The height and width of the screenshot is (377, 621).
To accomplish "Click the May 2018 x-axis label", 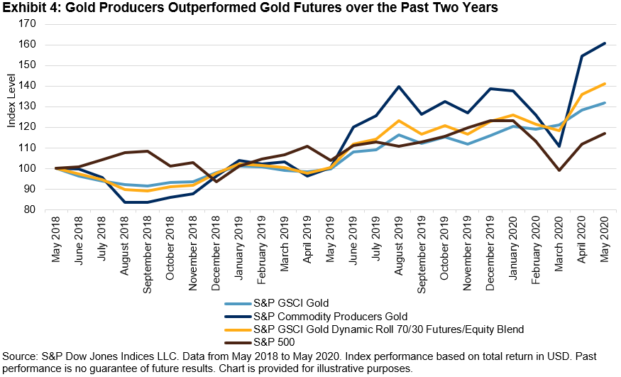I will tap(56, 240).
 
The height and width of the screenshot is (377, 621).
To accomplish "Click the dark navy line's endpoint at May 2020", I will tap(605, 43).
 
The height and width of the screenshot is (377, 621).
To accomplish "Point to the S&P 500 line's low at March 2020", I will tap(559, 170).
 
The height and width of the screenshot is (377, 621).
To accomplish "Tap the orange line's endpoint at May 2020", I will tap(605, 84).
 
